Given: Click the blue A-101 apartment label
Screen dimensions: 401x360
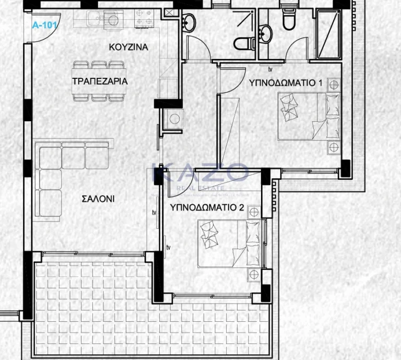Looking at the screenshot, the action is click(x=44, y=25).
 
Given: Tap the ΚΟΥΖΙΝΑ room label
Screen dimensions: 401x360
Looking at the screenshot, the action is click(x=128, y=47).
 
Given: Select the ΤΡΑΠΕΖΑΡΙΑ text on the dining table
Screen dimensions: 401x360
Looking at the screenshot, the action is click(x=100, y=81).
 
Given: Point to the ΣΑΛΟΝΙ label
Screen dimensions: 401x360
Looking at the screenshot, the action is click(x=98, y=199).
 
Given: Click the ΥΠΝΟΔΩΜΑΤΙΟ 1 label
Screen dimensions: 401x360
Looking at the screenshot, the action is click(x=286, y=83).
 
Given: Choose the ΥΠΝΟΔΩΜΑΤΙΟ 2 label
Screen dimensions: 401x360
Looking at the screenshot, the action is click(x=207, y=207).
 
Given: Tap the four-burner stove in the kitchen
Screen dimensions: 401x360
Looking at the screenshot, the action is click(x=144, y=17).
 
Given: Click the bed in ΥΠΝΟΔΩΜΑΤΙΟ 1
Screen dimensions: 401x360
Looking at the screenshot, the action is click(x=309, y=117).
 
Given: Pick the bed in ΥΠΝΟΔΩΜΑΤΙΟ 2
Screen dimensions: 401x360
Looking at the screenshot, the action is click(x=229, y=243).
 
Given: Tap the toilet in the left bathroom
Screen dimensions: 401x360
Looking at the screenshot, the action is click(x=244, y=43).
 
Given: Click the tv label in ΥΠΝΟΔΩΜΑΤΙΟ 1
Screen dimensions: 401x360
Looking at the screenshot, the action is click(x=270, y=69).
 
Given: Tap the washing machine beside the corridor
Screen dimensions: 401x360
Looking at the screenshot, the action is click(x=173, y=119).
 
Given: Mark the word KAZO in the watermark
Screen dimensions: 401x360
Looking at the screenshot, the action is click(x=200, y=173).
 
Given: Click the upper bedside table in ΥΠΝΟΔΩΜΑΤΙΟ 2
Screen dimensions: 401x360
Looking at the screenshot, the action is click(x=254, y=212).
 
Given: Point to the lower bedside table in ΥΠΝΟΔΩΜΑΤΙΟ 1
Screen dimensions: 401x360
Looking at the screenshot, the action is click(x=334, y=147).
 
